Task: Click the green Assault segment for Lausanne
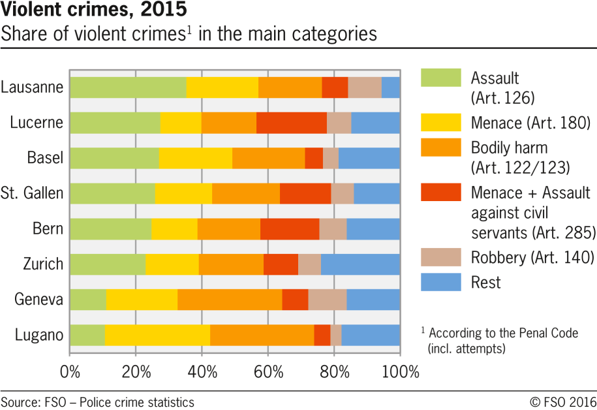[x=128, y=87]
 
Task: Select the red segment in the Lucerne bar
[x=292, y=122]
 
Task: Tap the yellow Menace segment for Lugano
[x=157, y=334]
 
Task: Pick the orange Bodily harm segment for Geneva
[x=230, y=299]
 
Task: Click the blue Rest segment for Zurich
[x=360, y=264]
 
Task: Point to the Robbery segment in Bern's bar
[x=333, y=229]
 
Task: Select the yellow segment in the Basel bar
[x=195, y=157]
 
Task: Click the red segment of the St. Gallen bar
[x=305, y=193]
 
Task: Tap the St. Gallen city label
[x=33, y=193]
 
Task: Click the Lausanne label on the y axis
[x=33, y=87]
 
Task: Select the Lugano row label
[x=39, y=335]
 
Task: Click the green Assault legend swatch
[x=440, y=78]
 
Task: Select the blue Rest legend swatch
[x=440, y=281]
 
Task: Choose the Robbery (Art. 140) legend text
[x=532, y=257]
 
